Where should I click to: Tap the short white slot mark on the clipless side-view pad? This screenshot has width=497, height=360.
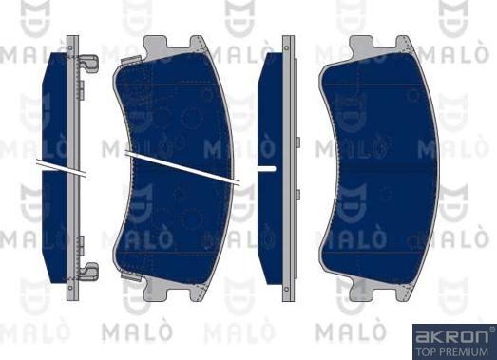266,168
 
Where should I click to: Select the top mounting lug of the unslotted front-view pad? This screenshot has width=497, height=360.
375,45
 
